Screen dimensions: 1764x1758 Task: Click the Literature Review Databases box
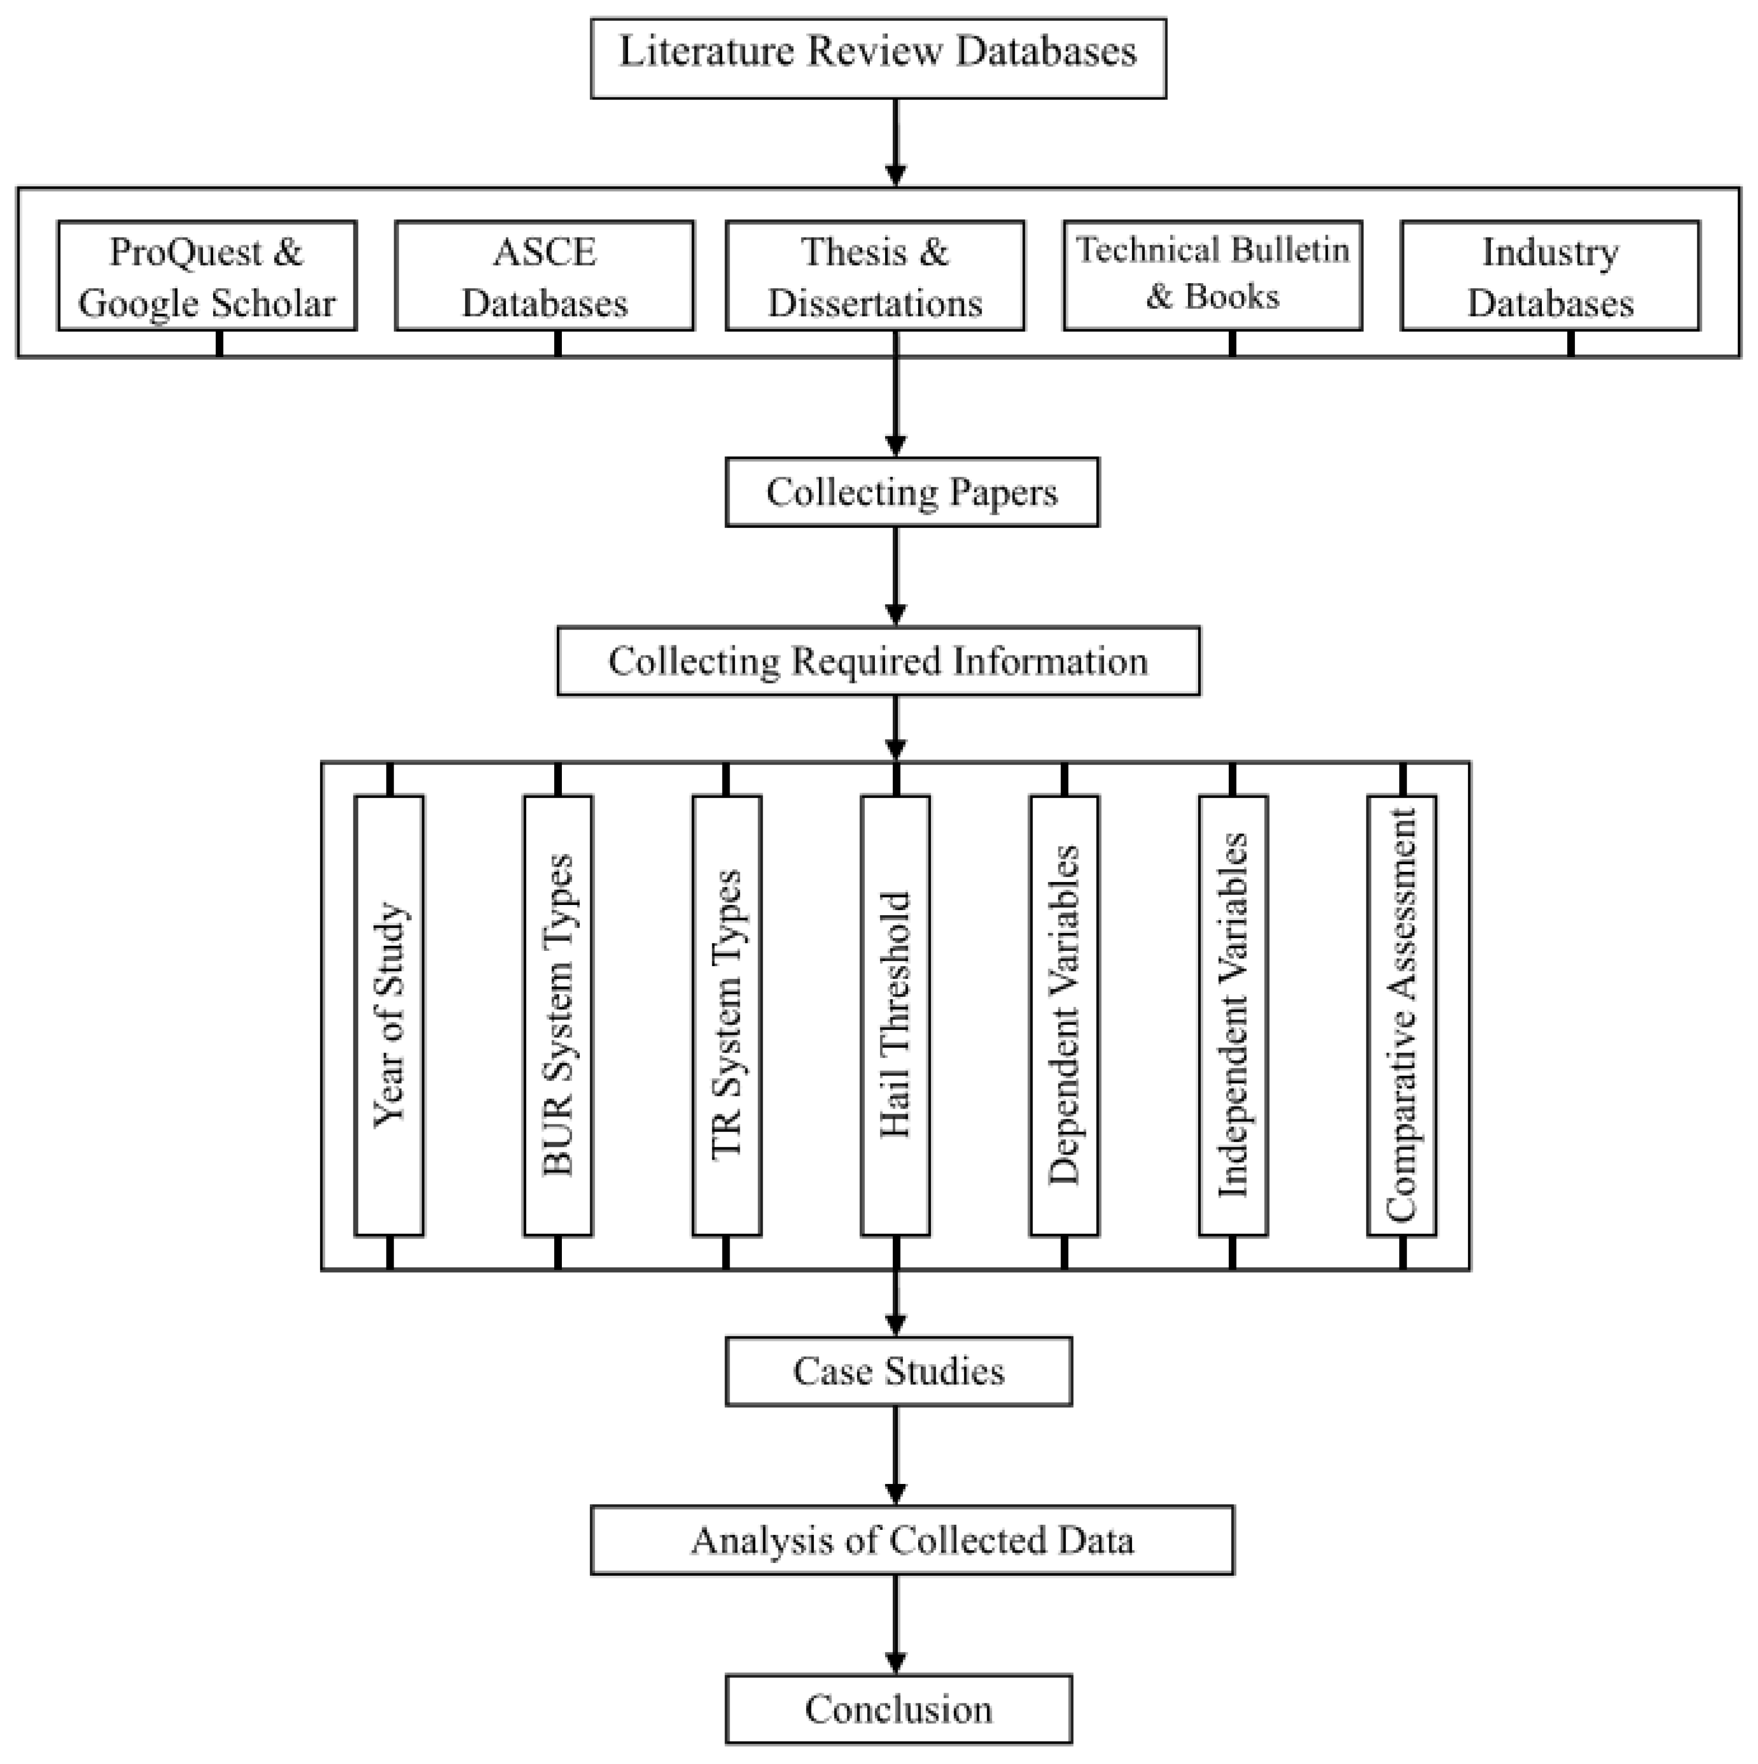(878, 58)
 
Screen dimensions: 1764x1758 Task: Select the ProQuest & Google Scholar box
(207, 276)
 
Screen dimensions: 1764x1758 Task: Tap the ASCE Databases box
(545, 276)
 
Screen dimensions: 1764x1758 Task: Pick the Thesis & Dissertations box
(875, 276)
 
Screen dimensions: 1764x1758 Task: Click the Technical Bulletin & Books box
(1213, 276)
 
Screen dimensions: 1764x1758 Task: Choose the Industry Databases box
(1551, 276)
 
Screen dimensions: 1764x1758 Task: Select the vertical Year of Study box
(390, 1015)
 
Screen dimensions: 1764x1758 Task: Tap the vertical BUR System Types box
(558, 1015)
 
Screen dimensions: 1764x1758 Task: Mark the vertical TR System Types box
(727, 1015)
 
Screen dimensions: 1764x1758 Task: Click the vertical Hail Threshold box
(895, 1015)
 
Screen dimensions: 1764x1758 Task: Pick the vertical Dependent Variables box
(1064, 1015)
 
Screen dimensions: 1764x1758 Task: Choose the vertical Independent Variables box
(1233, 1015)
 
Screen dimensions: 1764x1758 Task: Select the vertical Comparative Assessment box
(1402, 1015)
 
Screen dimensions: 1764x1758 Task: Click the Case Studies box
(899, 1371)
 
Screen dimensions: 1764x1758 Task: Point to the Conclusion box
(899, 1709)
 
